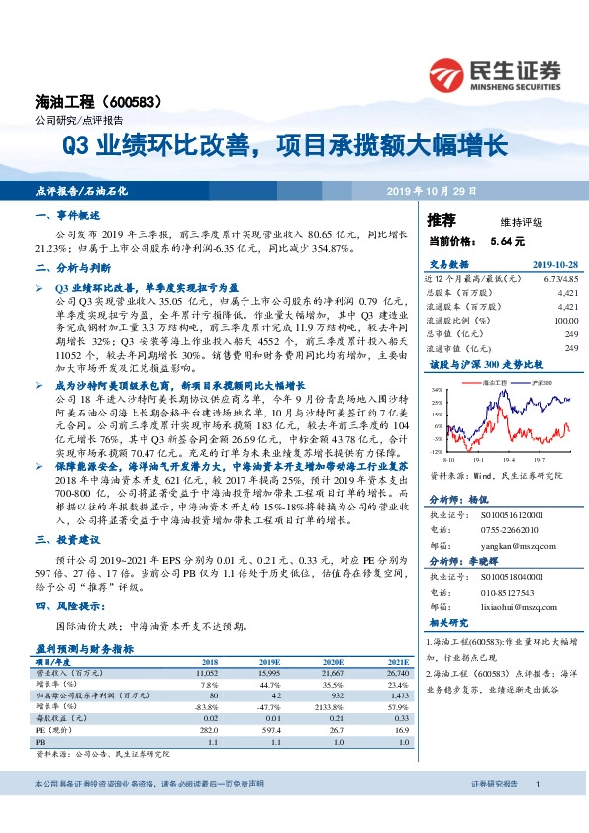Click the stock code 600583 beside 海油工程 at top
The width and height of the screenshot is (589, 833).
140,102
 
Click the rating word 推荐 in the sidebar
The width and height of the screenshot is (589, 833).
442,219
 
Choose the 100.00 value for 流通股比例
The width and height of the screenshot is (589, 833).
565,321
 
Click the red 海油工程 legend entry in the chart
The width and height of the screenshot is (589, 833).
491,381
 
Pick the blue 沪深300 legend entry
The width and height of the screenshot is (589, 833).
539,381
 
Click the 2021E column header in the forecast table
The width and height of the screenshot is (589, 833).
397,661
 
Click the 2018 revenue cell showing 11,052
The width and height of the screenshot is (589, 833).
203,672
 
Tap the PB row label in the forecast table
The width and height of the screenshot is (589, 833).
41,741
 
